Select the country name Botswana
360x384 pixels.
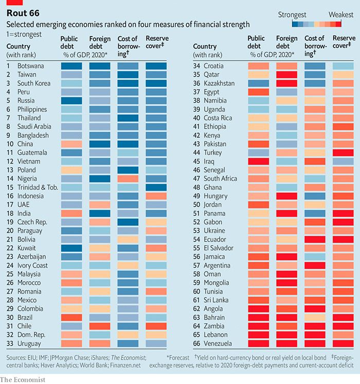[30, 66]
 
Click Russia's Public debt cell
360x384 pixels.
[71, 100]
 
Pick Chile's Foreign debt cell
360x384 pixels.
[99, 325]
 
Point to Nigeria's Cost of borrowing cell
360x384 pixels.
[128, 178]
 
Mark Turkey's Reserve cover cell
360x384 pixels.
[343, 152]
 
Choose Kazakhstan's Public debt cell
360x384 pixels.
[258, 83]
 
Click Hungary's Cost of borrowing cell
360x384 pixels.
[315, 196]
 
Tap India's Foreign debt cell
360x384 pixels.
[99, 213]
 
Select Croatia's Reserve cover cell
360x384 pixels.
[343, 66]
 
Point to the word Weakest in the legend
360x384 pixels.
[341, 14]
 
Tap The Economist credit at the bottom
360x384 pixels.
[23, 379]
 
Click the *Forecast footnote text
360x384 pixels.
[179, 357]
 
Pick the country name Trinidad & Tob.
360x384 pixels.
[37, 187]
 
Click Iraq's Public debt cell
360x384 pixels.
[258, 161]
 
